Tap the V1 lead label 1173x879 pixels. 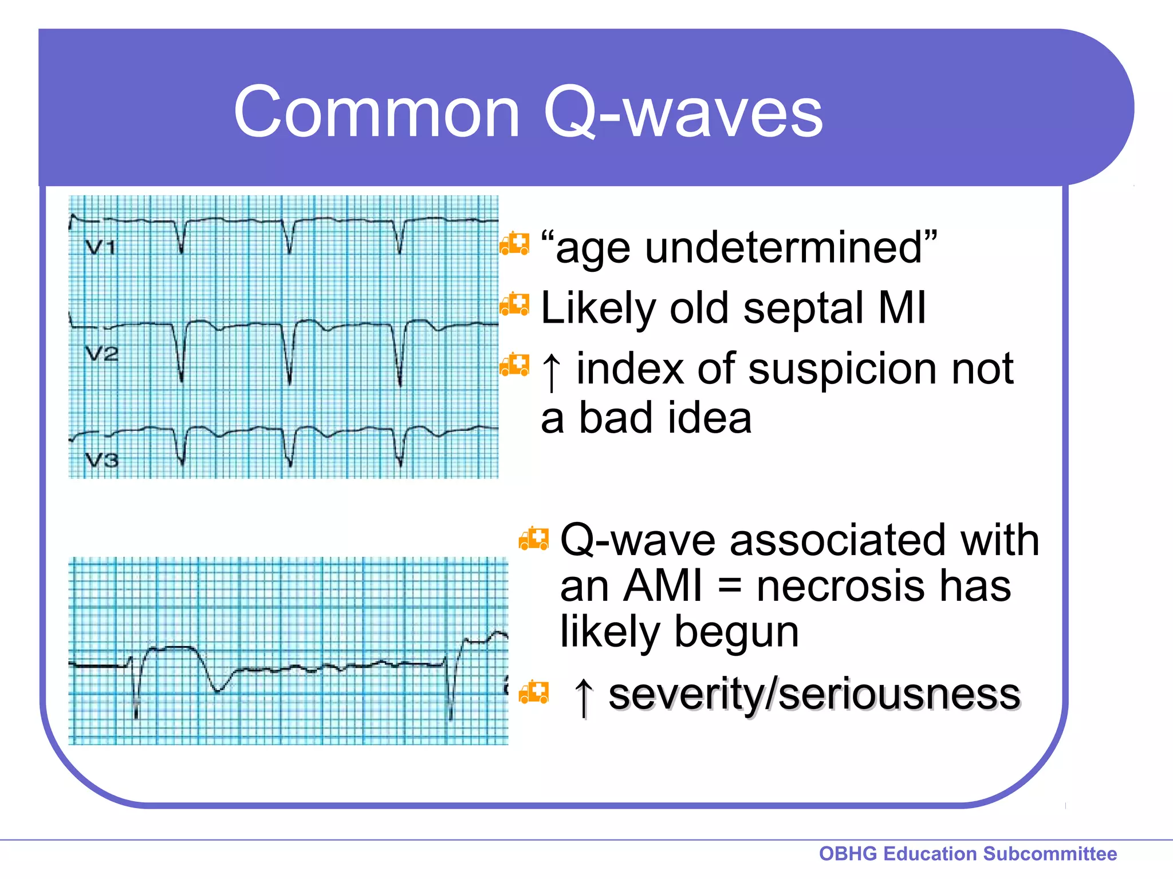(x=100, y=247)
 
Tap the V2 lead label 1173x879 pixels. (x=101, y=354)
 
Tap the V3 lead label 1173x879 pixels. (x=101, y=460)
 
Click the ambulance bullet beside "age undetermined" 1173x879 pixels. (x=514, y=244)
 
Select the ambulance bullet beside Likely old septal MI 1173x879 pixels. (x=514, y=305)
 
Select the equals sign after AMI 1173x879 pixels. (x=729, y=587)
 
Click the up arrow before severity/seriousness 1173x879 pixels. (x=584, y=696)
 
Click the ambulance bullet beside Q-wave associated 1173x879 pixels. (x=534, y=539)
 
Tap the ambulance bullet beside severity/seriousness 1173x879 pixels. (x=534, y=692)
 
